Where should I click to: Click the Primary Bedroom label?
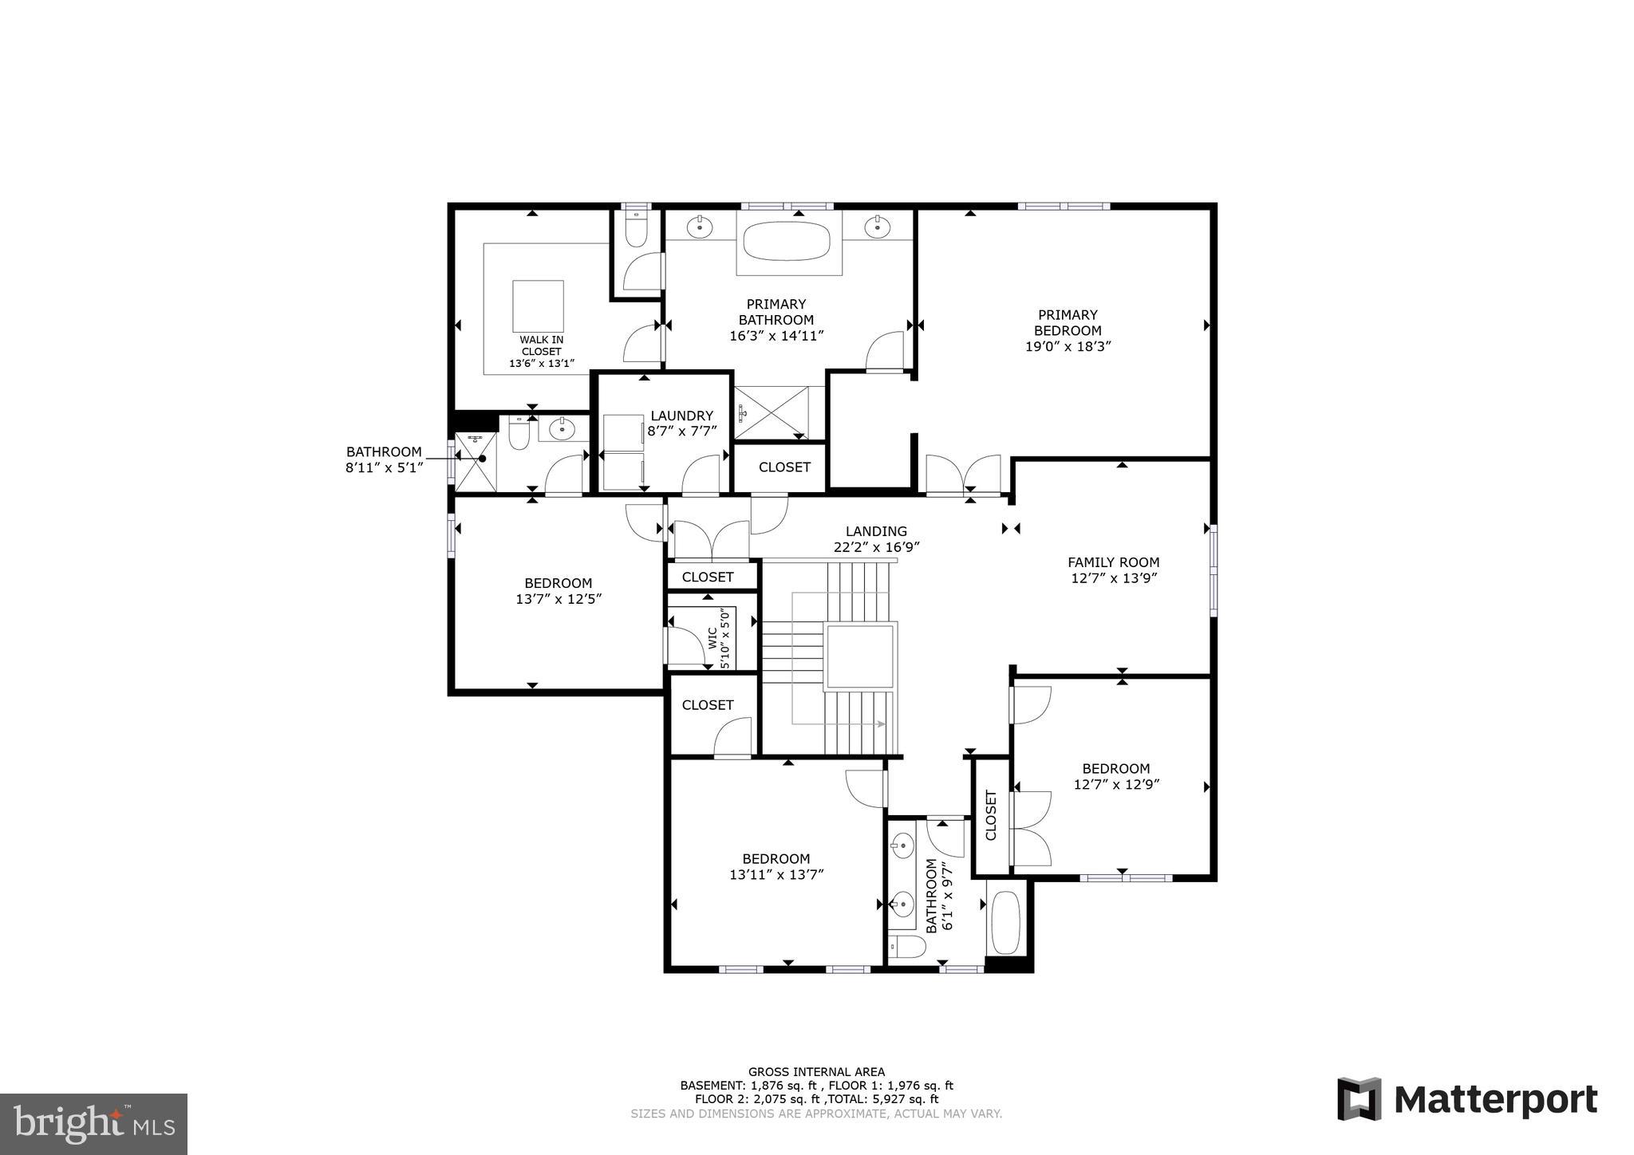[1068, 322]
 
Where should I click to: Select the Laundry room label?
[681, 416]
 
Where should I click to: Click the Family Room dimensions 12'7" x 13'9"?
[1114, 578]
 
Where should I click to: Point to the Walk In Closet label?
[542, 345]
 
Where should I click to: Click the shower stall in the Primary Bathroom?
[771, 412]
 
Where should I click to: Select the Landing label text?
[876, 531]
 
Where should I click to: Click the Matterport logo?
[1467, 1099]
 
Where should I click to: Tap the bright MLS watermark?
[93, 1125]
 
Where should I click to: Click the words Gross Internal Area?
[816, 1072]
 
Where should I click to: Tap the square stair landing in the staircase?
[860, 656]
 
